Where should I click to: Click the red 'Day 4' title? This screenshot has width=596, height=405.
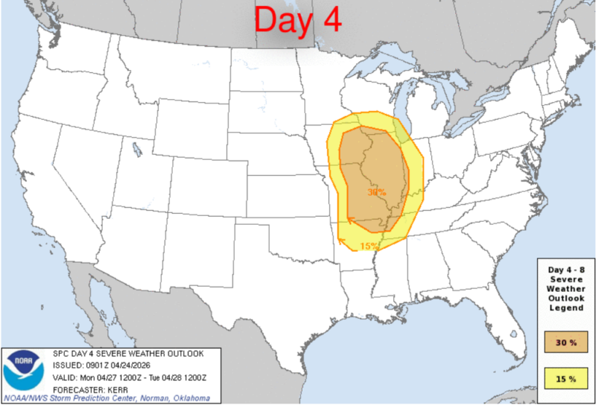tap(298, 20)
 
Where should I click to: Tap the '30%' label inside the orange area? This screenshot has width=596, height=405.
tap(377, 192)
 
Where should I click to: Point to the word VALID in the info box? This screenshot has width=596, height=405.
tap(63, 377)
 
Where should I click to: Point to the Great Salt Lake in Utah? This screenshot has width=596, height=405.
tap(137, 149)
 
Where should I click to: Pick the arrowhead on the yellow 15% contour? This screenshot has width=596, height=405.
tap(341, 238)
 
